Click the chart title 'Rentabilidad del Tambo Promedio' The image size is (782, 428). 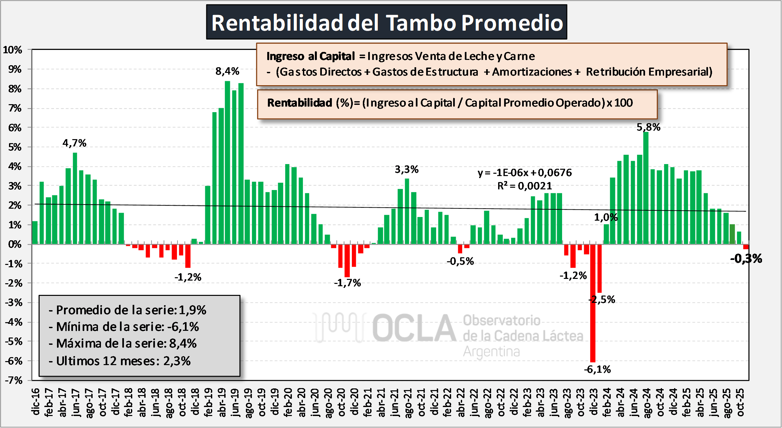387,23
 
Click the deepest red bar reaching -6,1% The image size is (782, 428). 593,303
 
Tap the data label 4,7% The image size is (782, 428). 74,143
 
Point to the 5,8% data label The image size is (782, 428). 648,127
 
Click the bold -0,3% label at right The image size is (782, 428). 746,259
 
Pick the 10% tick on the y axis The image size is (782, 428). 13,50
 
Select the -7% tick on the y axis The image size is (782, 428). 13,380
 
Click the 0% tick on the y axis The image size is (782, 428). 15,244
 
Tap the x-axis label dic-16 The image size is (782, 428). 36,402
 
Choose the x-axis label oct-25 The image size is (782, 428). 740,402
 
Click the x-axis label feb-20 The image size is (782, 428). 288,402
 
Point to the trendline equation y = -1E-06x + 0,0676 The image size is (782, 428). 524,172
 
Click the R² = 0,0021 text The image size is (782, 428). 524,186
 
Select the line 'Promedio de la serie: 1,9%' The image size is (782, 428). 128,310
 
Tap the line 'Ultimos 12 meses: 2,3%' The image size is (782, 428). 120,361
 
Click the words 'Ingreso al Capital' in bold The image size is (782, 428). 311,56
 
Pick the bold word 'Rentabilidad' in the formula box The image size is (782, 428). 300,103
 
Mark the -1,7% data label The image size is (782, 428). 347,283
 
